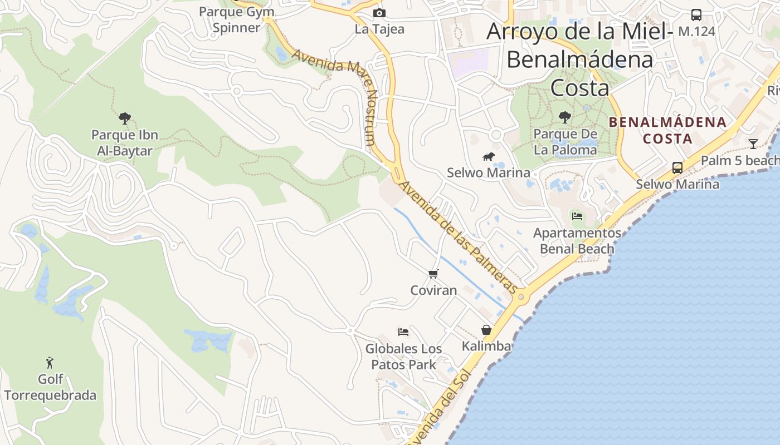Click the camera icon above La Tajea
click(x=379, y=13)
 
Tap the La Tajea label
click(x=379, y=29)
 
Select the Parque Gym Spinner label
click(x=237, y=19)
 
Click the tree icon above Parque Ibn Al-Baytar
click(x=125, y=118)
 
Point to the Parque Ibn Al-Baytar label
click(x=125, y=142)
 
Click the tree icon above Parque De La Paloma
click(x=565, y=117)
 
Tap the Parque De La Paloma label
click(x=565, y=142)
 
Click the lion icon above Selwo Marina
click(x=489, y=157)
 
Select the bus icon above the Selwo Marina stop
click(x=677, y=167)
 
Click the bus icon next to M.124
click(x=696, y=15)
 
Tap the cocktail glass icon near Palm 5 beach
click(x=753, y=144)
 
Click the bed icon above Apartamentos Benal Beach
click(x=577, y=216)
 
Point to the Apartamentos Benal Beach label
click(x=577, y=241)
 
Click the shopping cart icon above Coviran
click(x=433, y=274)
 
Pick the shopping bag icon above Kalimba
click(x=486, y=330)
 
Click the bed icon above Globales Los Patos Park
click(x=403, y=332)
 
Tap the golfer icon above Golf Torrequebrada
click(x=50, y=363)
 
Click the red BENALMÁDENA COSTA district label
click(x=667, y=130)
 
